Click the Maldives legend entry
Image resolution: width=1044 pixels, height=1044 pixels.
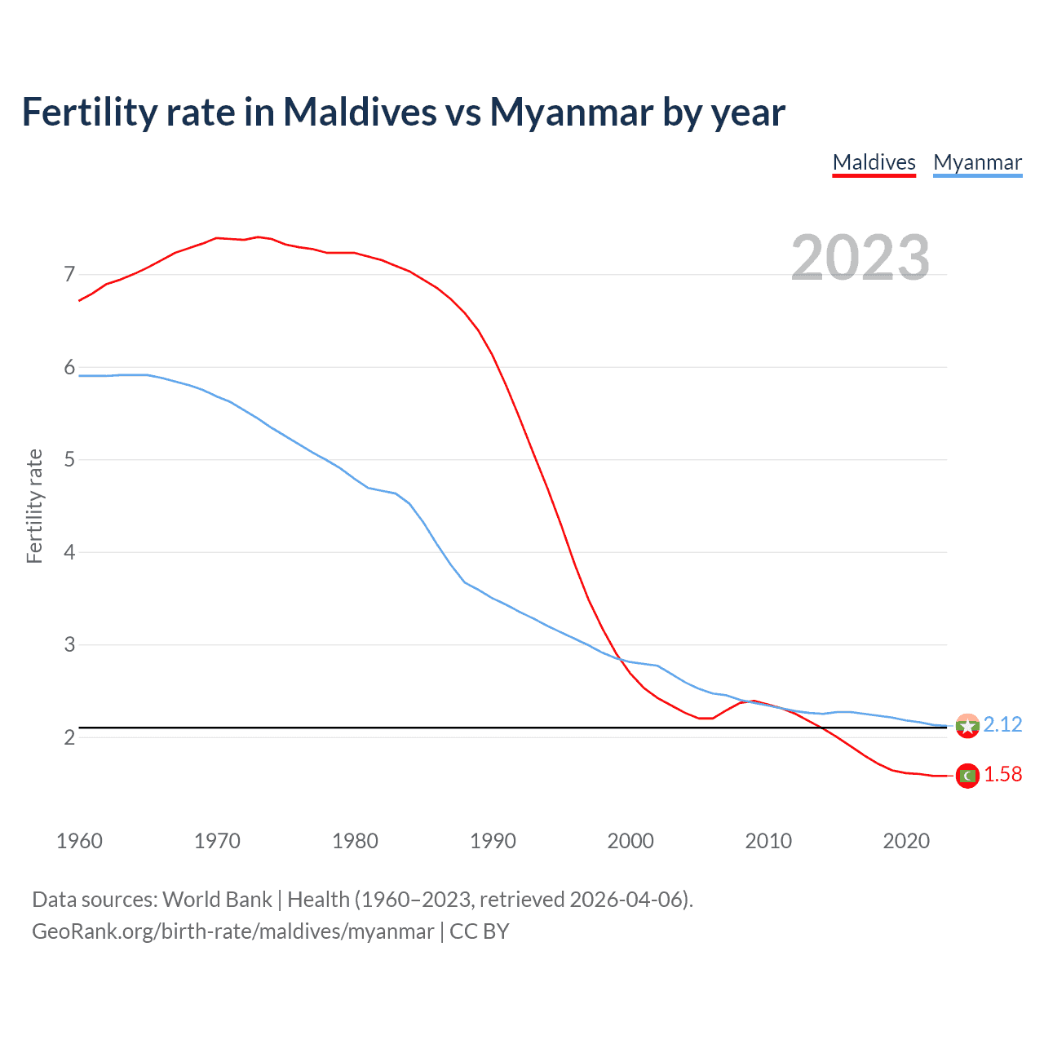click(874, 162)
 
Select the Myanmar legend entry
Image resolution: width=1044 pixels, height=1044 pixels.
click(977, 162)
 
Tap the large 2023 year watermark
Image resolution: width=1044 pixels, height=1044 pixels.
click(860, 257)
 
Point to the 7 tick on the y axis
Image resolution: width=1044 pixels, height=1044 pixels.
click(69, 274)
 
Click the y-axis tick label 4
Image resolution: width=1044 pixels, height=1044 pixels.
click(69, 552)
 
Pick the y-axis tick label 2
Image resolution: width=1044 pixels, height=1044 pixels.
click(69, 737)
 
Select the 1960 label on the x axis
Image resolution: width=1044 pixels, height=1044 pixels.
click(79, 841)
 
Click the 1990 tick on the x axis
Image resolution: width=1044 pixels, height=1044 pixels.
click(493, 841)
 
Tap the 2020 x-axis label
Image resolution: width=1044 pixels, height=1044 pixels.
click(906, 841)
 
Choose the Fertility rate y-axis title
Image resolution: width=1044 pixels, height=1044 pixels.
click(34, 506)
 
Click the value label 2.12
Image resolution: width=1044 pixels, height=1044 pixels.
click(1002, 724)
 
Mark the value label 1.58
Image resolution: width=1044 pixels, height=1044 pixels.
click(1002, 774)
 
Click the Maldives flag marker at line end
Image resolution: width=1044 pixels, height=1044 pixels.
click(967, 776)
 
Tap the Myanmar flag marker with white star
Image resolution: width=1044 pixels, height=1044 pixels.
click(967, 726)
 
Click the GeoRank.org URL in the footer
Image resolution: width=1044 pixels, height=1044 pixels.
click(232, 931)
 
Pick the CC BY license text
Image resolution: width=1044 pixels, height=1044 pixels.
click(480, 931)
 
